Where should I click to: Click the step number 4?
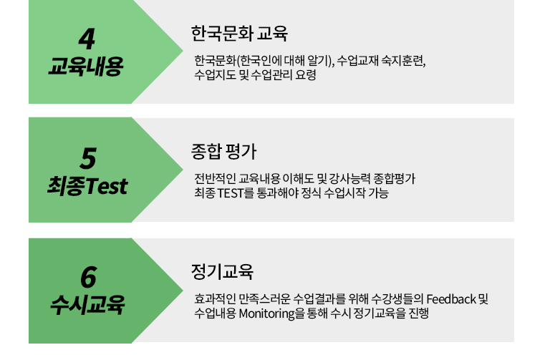(87, 39)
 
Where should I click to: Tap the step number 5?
(87, 158)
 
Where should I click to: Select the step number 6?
(88, 277)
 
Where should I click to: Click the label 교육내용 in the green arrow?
(86, 66)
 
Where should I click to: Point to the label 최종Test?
(87, 185)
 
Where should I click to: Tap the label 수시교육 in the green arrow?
(87, 305)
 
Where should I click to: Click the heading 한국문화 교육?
(239, 34)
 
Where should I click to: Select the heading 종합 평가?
(223, 152)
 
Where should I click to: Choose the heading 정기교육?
(222, 272)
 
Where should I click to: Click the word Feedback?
(451, 299)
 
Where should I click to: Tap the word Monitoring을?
(272, 313)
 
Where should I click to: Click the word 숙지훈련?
(403, 61)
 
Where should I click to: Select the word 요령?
(306, 74)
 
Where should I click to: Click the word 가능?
(378, 193)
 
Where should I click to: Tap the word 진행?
(418, 313)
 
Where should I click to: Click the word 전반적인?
(216, 179)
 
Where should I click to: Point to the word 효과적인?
(216, 299)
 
